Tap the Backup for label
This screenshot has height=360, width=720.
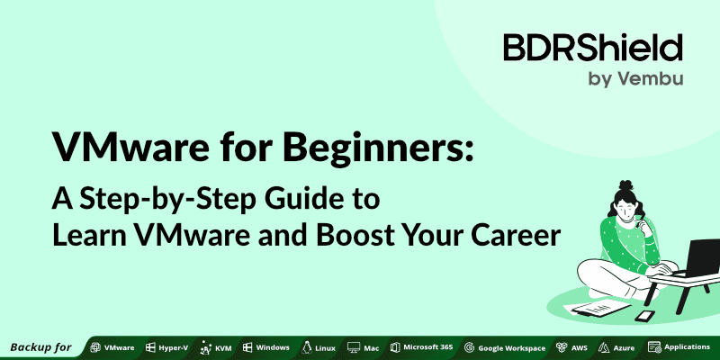40,346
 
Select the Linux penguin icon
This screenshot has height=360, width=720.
307,346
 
